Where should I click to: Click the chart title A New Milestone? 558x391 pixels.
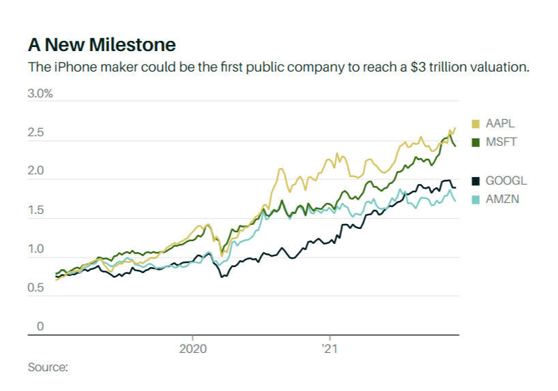(x=102, y=45)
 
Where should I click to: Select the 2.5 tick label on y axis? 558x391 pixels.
(x=35, y=133)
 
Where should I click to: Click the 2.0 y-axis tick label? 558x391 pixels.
(x=35, y=172)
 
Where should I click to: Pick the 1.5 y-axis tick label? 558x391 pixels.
(x=35, y=210)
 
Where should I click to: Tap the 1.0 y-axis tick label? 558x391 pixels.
(x=35, y=249)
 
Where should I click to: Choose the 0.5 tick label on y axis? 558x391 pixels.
(x=35, y=288)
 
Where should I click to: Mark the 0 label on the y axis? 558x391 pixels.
(x=40, y=327)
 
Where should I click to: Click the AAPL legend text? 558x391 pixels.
(x=500, y=124)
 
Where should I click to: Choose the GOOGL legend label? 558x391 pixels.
(x=506, y=181)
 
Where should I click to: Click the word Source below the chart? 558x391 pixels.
(x=48, y=368)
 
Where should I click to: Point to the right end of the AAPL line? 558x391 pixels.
(x=455, y=128)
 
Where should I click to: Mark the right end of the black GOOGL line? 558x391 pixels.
(x=455, y=187)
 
